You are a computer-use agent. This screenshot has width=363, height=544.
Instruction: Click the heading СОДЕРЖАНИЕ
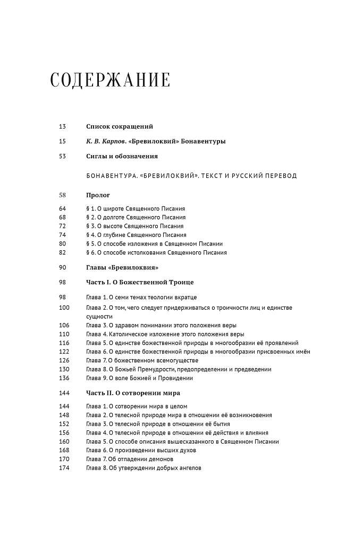110,80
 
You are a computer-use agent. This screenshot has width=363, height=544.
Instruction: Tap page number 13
62,126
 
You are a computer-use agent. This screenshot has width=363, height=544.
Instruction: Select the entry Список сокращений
119,126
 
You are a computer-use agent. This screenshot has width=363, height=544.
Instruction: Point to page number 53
62,156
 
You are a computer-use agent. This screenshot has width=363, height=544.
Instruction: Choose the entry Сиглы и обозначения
122,156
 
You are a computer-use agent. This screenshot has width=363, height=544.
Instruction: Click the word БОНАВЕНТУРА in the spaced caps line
109,176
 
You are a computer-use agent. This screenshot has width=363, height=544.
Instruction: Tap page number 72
62,226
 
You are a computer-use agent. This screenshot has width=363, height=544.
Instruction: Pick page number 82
62,253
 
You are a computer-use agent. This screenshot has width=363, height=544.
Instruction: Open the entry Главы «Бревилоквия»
122,267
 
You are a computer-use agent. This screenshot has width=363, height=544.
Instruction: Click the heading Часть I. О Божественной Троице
139,282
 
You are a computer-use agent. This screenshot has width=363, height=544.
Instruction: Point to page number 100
64,308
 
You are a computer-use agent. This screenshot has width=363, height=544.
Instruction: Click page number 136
64,378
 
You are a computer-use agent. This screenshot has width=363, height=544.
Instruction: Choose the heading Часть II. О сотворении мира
133,393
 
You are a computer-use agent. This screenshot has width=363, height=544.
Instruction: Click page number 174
64,468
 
